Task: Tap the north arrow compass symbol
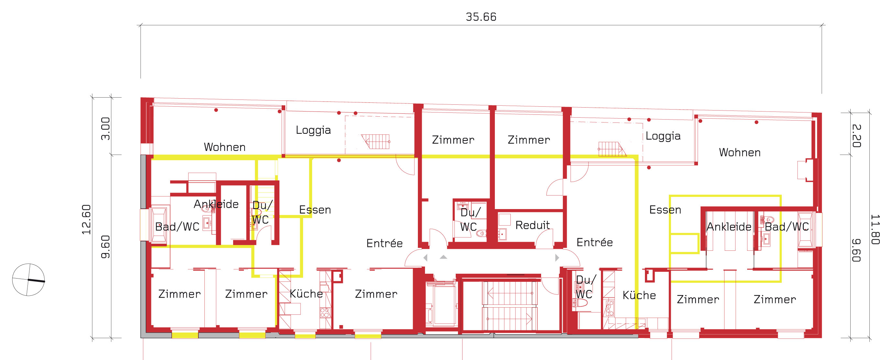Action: [28, 280]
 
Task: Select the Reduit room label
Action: [532, 225]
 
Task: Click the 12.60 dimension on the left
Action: [86, 219]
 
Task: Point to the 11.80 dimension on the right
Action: [875, 229]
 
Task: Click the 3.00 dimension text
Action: [105, 129]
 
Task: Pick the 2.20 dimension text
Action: [856, 136]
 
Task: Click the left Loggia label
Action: [313, 130]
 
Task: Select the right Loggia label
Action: [663, 136]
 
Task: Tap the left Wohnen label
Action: [225, 147]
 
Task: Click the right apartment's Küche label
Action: [639, 295]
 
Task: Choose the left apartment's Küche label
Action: [306, 294]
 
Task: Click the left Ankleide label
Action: [216, 204]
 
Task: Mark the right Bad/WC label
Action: [787, 227]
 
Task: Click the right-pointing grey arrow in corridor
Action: [557, 258]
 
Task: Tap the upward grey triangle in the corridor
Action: [443, 257]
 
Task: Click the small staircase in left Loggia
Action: [376, 141]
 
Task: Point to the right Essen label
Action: [665, 210]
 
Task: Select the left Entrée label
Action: [384, 243]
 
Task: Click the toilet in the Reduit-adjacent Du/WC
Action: [481, 234]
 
